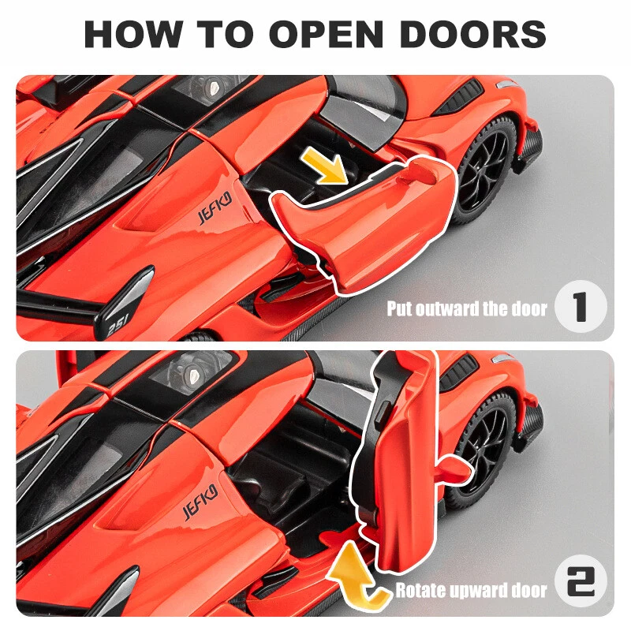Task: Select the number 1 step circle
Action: pos(581,307)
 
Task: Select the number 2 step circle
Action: pos(581,581)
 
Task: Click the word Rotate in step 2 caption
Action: pos(420,591)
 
